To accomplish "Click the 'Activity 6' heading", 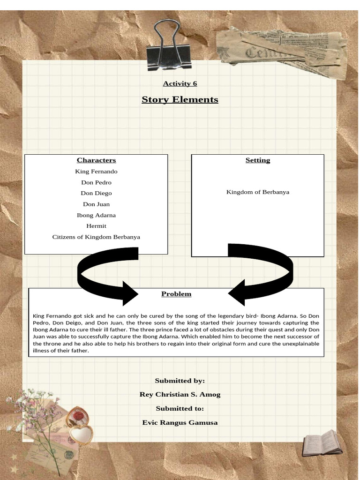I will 180,83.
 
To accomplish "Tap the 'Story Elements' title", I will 180,99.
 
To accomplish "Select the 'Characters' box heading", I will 96,160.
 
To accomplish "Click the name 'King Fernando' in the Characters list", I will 96,172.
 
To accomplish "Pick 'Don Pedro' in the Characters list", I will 96,182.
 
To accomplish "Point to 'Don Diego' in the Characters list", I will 96,193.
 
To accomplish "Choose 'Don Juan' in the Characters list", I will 96,204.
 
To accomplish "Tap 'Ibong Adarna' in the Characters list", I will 96,215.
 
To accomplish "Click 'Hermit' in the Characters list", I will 96,226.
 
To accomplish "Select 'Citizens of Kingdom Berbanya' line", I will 96,237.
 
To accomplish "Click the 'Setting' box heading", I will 258,160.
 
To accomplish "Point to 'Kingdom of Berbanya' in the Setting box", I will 258,192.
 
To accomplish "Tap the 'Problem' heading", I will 176,294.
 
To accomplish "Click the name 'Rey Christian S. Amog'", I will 180,394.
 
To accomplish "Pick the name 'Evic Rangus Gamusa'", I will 180,422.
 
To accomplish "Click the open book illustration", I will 319,443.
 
